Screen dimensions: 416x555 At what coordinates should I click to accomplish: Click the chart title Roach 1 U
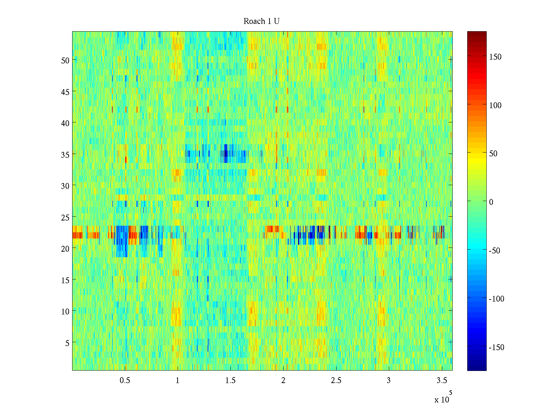[262, 21]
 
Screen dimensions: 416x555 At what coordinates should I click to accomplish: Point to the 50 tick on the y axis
[65, 60]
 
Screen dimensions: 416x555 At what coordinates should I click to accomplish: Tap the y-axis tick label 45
[65, 92]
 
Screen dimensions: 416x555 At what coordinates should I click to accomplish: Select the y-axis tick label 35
[65, 155]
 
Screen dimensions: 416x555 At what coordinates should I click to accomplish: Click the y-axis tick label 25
[65, 217]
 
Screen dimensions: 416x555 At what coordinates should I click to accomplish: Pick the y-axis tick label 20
[65, 249]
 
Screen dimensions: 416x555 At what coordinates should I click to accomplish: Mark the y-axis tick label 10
[65, 312]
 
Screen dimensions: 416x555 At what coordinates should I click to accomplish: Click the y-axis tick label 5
[67, 343]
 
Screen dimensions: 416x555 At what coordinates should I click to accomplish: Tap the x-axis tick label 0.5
[125, 381]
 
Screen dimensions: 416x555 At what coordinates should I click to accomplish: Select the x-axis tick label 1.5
[230, 381]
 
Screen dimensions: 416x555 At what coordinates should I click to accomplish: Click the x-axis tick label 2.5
[336, 381]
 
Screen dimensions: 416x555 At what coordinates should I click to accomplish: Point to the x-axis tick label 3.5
[442, 381]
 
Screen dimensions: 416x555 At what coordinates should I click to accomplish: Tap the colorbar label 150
[495, 57]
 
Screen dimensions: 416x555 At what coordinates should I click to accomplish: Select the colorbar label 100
[495, 105]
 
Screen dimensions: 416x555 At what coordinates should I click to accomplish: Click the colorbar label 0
[491, 202]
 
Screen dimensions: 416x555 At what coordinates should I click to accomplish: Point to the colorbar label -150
[496, 347]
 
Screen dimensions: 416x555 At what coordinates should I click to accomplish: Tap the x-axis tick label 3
[388, 381]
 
